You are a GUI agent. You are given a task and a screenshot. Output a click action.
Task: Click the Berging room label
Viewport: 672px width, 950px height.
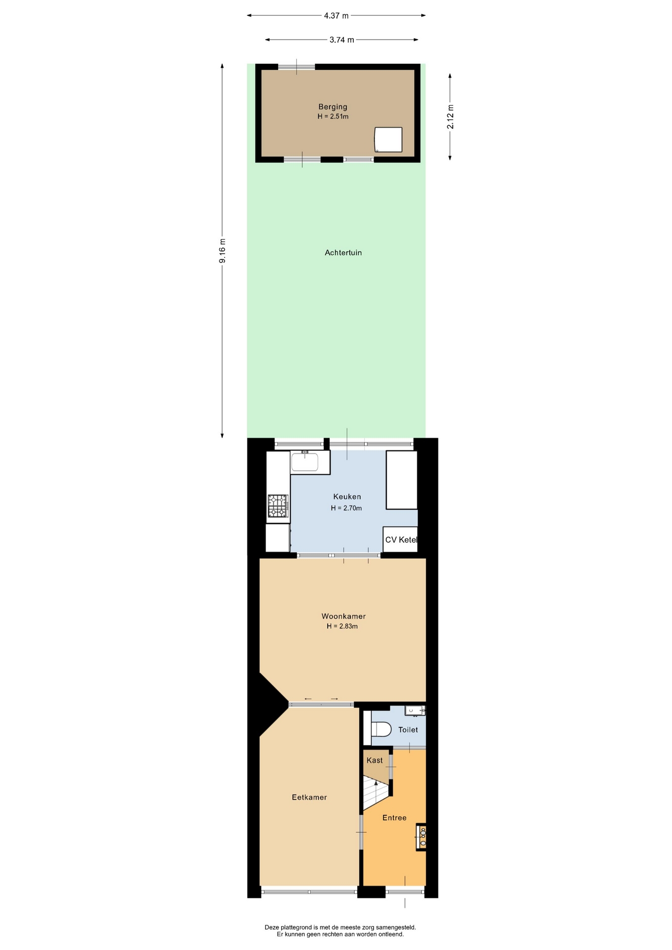pos(333,107)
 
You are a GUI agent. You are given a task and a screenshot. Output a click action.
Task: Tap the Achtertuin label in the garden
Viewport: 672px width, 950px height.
pos(343,252)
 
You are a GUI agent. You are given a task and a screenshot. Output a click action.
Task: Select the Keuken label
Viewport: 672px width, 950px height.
pos(347,497)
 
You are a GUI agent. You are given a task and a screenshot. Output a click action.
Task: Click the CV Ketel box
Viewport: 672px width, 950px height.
pos(400,539)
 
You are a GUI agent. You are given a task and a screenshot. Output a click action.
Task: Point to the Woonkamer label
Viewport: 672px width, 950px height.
pos(343,616)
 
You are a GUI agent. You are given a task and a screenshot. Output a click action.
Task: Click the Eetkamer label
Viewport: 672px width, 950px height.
pos(309,797)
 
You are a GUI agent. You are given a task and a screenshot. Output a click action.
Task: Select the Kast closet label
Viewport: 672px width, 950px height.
pos(375,760)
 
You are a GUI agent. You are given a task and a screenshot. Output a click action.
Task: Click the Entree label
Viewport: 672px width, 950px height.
pos(394,817)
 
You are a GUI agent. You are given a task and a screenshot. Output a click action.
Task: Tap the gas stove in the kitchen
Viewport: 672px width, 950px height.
pos(278,506)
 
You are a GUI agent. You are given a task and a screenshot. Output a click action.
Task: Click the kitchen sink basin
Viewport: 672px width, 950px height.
pos(304,462)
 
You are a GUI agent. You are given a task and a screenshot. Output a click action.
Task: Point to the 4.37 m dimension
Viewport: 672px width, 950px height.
pos(336,15)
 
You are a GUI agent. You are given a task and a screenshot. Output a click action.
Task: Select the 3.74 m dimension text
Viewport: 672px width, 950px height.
pos(342,40)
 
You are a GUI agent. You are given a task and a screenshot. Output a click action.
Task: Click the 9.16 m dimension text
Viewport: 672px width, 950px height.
pos(223,251)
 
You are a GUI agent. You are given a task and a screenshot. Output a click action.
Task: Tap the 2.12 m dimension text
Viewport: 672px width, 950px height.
pos(450,117)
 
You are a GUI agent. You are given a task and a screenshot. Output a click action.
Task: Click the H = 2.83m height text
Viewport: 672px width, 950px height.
pos(342,626)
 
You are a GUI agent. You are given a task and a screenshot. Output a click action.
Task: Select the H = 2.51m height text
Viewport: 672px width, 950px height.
pos(333,116)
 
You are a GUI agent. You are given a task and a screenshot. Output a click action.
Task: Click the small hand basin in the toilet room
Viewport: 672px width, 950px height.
pos(415,711)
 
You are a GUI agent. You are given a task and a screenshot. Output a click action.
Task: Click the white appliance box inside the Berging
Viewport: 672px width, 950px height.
pos(388,140)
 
